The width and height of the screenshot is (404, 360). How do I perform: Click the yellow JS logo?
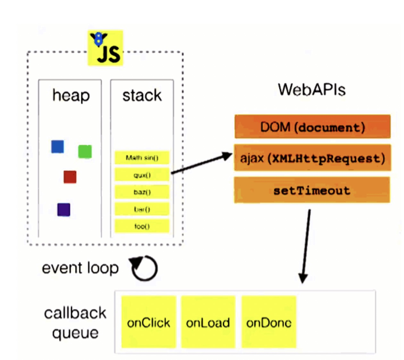105,48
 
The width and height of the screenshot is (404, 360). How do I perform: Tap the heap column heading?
71,96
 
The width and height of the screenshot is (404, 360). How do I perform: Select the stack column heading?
142,95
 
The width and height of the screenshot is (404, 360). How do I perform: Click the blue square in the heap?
58,147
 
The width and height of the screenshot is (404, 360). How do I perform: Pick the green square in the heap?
85,151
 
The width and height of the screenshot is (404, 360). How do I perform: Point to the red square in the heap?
70,177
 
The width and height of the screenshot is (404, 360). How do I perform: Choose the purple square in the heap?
64,210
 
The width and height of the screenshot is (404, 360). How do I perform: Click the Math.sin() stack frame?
142,158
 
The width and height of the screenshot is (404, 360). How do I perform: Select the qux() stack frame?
142,175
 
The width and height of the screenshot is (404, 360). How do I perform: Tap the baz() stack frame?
142,192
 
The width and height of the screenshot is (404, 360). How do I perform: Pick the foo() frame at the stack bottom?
142,226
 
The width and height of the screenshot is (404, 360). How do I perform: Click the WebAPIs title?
312,90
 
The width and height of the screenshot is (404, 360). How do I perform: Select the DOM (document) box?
313,127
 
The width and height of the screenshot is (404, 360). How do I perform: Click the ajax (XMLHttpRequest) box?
313,158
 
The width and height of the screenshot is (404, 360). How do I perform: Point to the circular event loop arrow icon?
144,268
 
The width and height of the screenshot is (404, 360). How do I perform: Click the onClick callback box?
149,322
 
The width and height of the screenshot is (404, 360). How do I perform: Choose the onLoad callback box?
208,322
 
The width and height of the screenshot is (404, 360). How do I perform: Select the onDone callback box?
269,322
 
